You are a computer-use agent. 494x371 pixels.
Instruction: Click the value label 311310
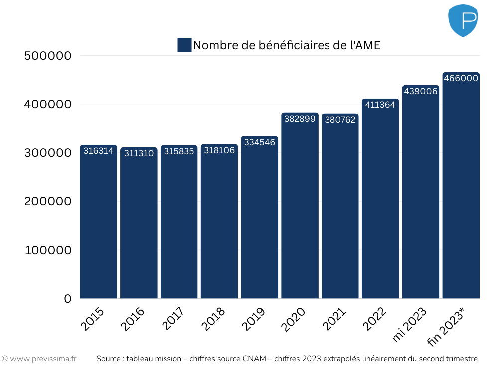pos(139,153)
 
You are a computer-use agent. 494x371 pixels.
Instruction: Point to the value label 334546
pos(259,142)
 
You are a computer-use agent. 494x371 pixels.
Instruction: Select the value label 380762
pos(340,120)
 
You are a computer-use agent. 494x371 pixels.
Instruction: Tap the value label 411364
pos(380,105)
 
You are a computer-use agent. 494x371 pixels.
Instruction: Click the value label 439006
pos(420,91)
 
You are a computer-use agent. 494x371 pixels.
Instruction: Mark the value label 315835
pos(179,151)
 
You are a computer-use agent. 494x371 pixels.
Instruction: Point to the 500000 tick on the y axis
pos(48,56)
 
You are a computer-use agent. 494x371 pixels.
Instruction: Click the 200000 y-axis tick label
pos(48,201)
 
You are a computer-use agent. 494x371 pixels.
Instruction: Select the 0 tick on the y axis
pos(68,299)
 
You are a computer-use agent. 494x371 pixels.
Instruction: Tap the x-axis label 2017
pos(173,320)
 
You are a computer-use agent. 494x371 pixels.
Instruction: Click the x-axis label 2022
pos(374,320)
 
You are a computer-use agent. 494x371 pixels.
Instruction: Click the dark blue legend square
pos(184,45)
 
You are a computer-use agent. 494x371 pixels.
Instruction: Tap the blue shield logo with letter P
pos(463,20)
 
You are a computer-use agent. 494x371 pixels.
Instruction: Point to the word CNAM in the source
pos(255,359)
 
